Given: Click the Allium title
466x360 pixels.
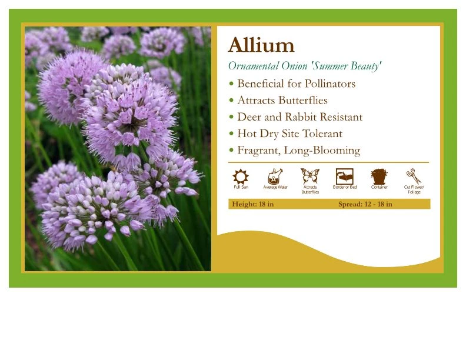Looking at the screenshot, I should (x=261, y=45).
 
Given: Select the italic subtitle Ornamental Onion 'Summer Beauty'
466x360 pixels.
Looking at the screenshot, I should (x=305, y=66).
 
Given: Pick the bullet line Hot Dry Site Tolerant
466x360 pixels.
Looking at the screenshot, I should (x=289, y=134).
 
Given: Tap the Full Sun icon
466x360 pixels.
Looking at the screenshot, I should (x=241, y=176).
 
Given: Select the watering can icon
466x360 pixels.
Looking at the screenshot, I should (x=275, y=176).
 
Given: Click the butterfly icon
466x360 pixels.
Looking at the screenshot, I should (x=309, y=176).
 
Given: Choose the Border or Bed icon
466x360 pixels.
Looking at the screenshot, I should (x=344, y=176).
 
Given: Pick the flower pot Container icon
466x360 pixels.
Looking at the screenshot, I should (x=379, y=176).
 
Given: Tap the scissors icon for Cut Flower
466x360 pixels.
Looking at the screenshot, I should (x=414, y=176).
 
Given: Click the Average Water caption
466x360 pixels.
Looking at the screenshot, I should (x=275, y=188).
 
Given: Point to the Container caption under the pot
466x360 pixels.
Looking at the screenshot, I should (x=380, y=188).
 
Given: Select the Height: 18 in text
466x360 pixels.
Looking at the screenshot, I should (x=253, y=204).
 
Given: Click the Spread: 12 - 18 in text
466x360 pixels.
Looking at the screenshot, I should (x=365, y=204).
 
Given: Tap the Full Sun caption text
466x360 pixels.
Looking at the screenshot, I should (x=241, y=188).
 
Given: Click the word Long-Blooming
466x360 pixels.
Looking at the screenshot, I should (x=322, y=151).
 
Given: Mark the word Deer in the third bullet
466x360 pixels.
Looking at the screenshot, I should (x=249, y=117).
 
